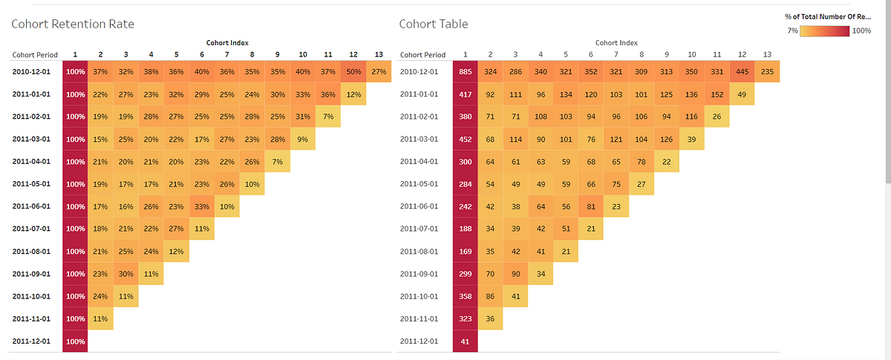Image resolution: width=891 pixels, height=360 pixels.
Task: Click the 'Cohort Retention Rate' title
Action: click(x=73, y=24)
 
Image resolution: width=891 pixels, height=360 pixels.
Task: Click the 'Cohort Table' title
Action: click(x=434, y=24)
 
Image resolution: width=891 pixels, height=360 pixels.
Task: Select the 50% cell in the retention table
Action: click(x=354, y=71)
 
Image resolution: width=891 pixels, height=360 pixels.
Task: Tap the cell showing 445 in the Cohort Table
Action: click(x=742, y=71)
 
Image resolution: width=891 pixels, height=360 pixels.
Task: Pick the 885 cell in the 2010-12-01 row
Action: click(x=465, y=71)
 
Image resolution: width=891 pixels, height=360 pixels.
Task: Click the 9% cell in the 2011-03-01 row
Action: click(x=303, y=139)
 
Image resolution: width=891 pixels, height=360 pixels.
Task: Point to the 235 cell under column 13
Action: click(x=767, y=71)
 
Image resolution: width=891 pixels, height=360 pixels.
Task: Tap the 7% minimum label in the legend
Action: click(x=792, y=30)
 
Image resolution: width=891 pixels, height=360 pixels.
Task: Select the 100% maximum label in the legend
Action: click(x=861, y=30)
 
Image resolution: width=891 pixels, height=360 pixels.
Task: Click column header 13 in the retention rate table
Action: click(x=379, y=54)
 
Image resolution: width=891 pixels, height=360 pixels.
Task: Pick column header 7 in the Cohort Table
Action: click(x=616, y=54)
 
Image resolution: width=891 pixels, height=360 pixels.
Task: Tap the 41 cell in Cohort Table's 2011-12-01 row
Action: click(x=465, y=341)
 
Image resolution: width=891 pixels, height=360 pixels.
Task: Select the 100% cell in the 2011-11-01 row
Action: click(x=76, y=318)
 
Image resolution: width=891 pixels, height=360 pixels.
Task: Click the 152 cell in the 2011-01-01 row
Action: click(x=717, y=94)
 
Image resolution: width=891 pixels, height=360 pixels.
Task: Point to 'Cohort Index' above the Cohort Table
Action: click(x=616, y=43)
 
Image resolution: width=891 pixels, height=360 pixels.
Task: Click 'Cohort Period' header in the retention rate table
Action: click(x=35, y=55)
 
